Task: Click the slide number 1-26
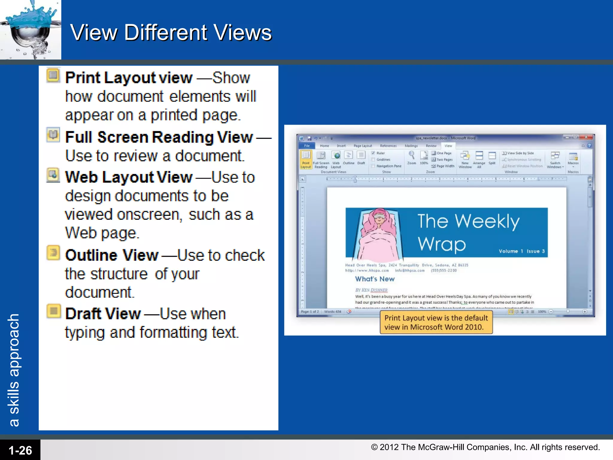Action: [20, 450]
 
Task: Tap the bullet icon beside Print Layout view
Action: [53, 75]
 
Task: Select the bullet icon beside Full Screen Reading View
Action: [53, 135]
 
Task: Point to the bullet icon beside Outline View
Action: [53, 253]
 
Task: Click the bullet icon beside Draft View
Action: [53, 311]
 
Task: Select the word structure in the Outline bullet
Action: [119, 274]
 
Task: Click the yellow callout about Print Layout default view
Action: [436, 322]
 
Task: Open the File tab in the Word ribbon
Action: [307, 146]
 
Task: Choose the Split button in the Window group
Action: [492, 158]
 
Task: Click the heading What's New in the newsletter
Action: [375, 279]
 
